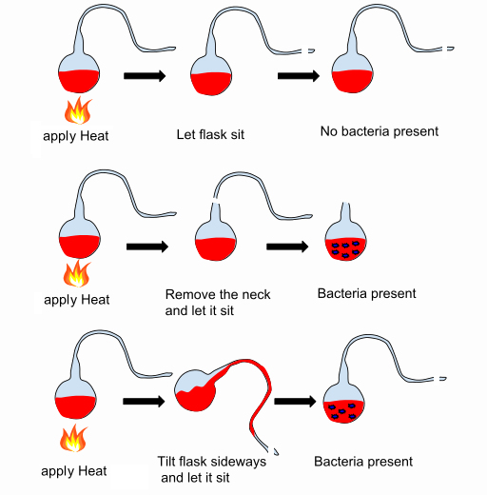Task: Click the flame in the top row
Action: pyautogui.click(x=78, y=110)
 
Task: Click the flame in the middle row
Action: pyautogui.click(x=77, y=273)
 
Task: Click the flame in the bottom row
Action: pyautogui.click(x=73, y=438)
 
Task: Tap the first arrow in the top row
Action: pyautogui.click(x=145, y=76)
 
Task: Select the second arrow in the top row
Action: pyautogui.click(x=299, y=76)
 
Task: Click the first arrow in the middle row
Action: pyautogui.click(x=147, y=247)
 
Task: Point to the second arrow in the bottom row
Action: pyautogui.click(x=295, y=402)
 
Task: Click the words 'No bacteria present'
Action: pyautogui.click(x=380, y=131)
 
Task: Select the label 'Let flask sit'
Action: pyautogui.click(x=210, y=134)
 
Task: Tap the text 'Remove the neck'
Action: pyautogui.click(x=218, y=294)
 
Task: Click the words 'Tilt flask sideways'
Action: pyautogui.click(x=212, y=462)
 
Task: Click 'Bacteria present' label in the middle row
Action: pyautogui.click(x=366, y=293)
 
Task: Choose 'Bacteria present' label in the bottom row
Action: pyautogui.click(x=363, y=462)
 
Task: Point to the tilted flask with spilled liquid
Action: pyautogui.click(x=222, y=400)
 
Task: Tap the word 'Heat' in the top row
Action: pyautogui.click(x=94, y=136)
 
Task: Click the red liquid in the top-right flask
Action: pyautogui.click(x=352, y=82)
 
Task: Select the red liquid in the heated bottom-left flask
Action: pyautogui.click(x=75, y=407)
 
